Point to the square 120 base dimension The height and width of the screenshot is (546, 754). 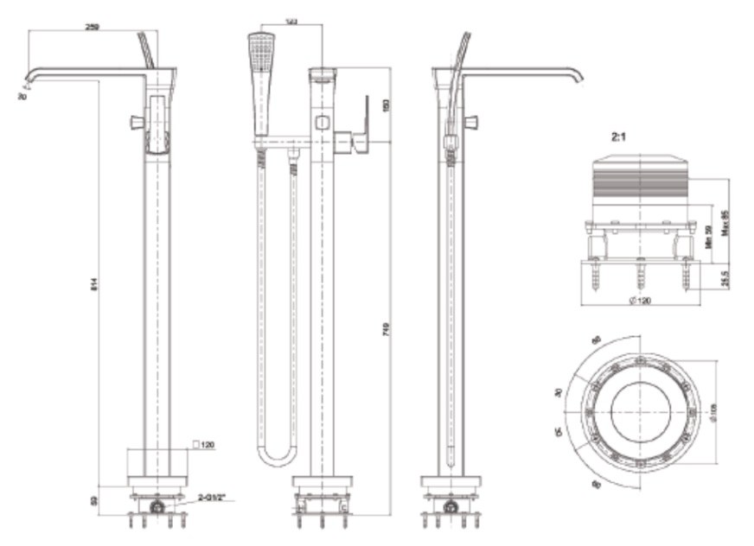pyautogui.click(x=204, y=445)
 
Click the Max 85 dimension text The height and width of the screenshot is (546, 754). pyautogui.click(x=725, y=221)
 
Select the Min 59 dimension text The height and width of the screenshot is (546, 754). pyautogui.click(x=707, y=237)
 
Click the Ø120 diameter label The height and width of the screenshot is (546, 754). pyautogui.click(x=641, y=300)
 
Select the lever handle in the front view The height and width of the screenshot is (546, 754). pyautogui.click(x=358, y=130)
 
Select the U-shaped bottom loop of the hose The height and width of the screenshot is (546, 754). pyautogui.click(x=278, y=457)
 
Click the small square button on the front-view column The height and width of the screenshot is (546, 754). pyautogui.click(x=322, y=122)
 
